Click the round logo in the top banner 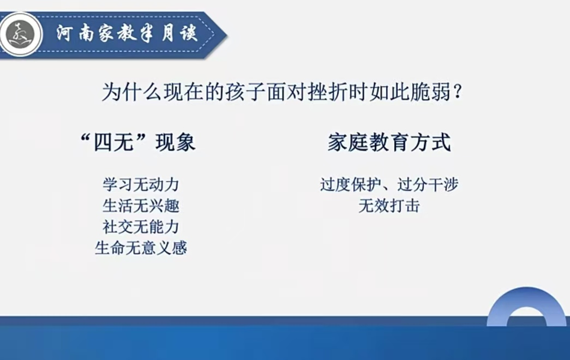click(x=21, y=34)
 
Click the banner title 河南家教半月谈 click(x=127, y=34)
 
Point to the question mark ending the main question click(x=458, y=92)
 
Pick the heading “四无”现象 click(x=138, y=142)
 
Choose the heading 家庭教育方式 click(x=389, y=142)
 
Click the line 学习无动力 click(x=141, y=184)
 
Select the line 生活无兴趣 click(x=141, y=206)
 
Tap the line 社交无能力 click(x=141, y=227)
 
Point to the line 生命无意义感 click(x=141, y=248)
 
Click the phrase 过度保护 click(x=350, y=184)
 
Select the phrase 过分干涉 click(x=428, y=184)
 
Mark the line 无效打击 click(x=389, y=206)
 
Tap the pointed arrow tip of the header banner click(x=227, y=35)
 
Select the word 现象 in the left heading click(x=176, y=142)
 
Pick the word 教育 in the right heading click(x=389, y=142)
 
